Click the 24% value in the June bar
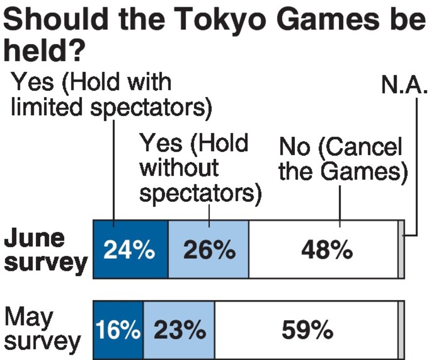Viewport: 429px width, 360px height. tap(130, 251)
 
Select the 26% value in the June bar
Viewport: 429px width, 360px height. tap(209, 251)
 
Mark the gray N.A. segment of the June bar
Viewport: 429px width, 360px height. tap(401, 249)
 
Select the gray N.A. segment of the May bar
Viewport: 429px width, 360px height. tap(401, 329)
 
